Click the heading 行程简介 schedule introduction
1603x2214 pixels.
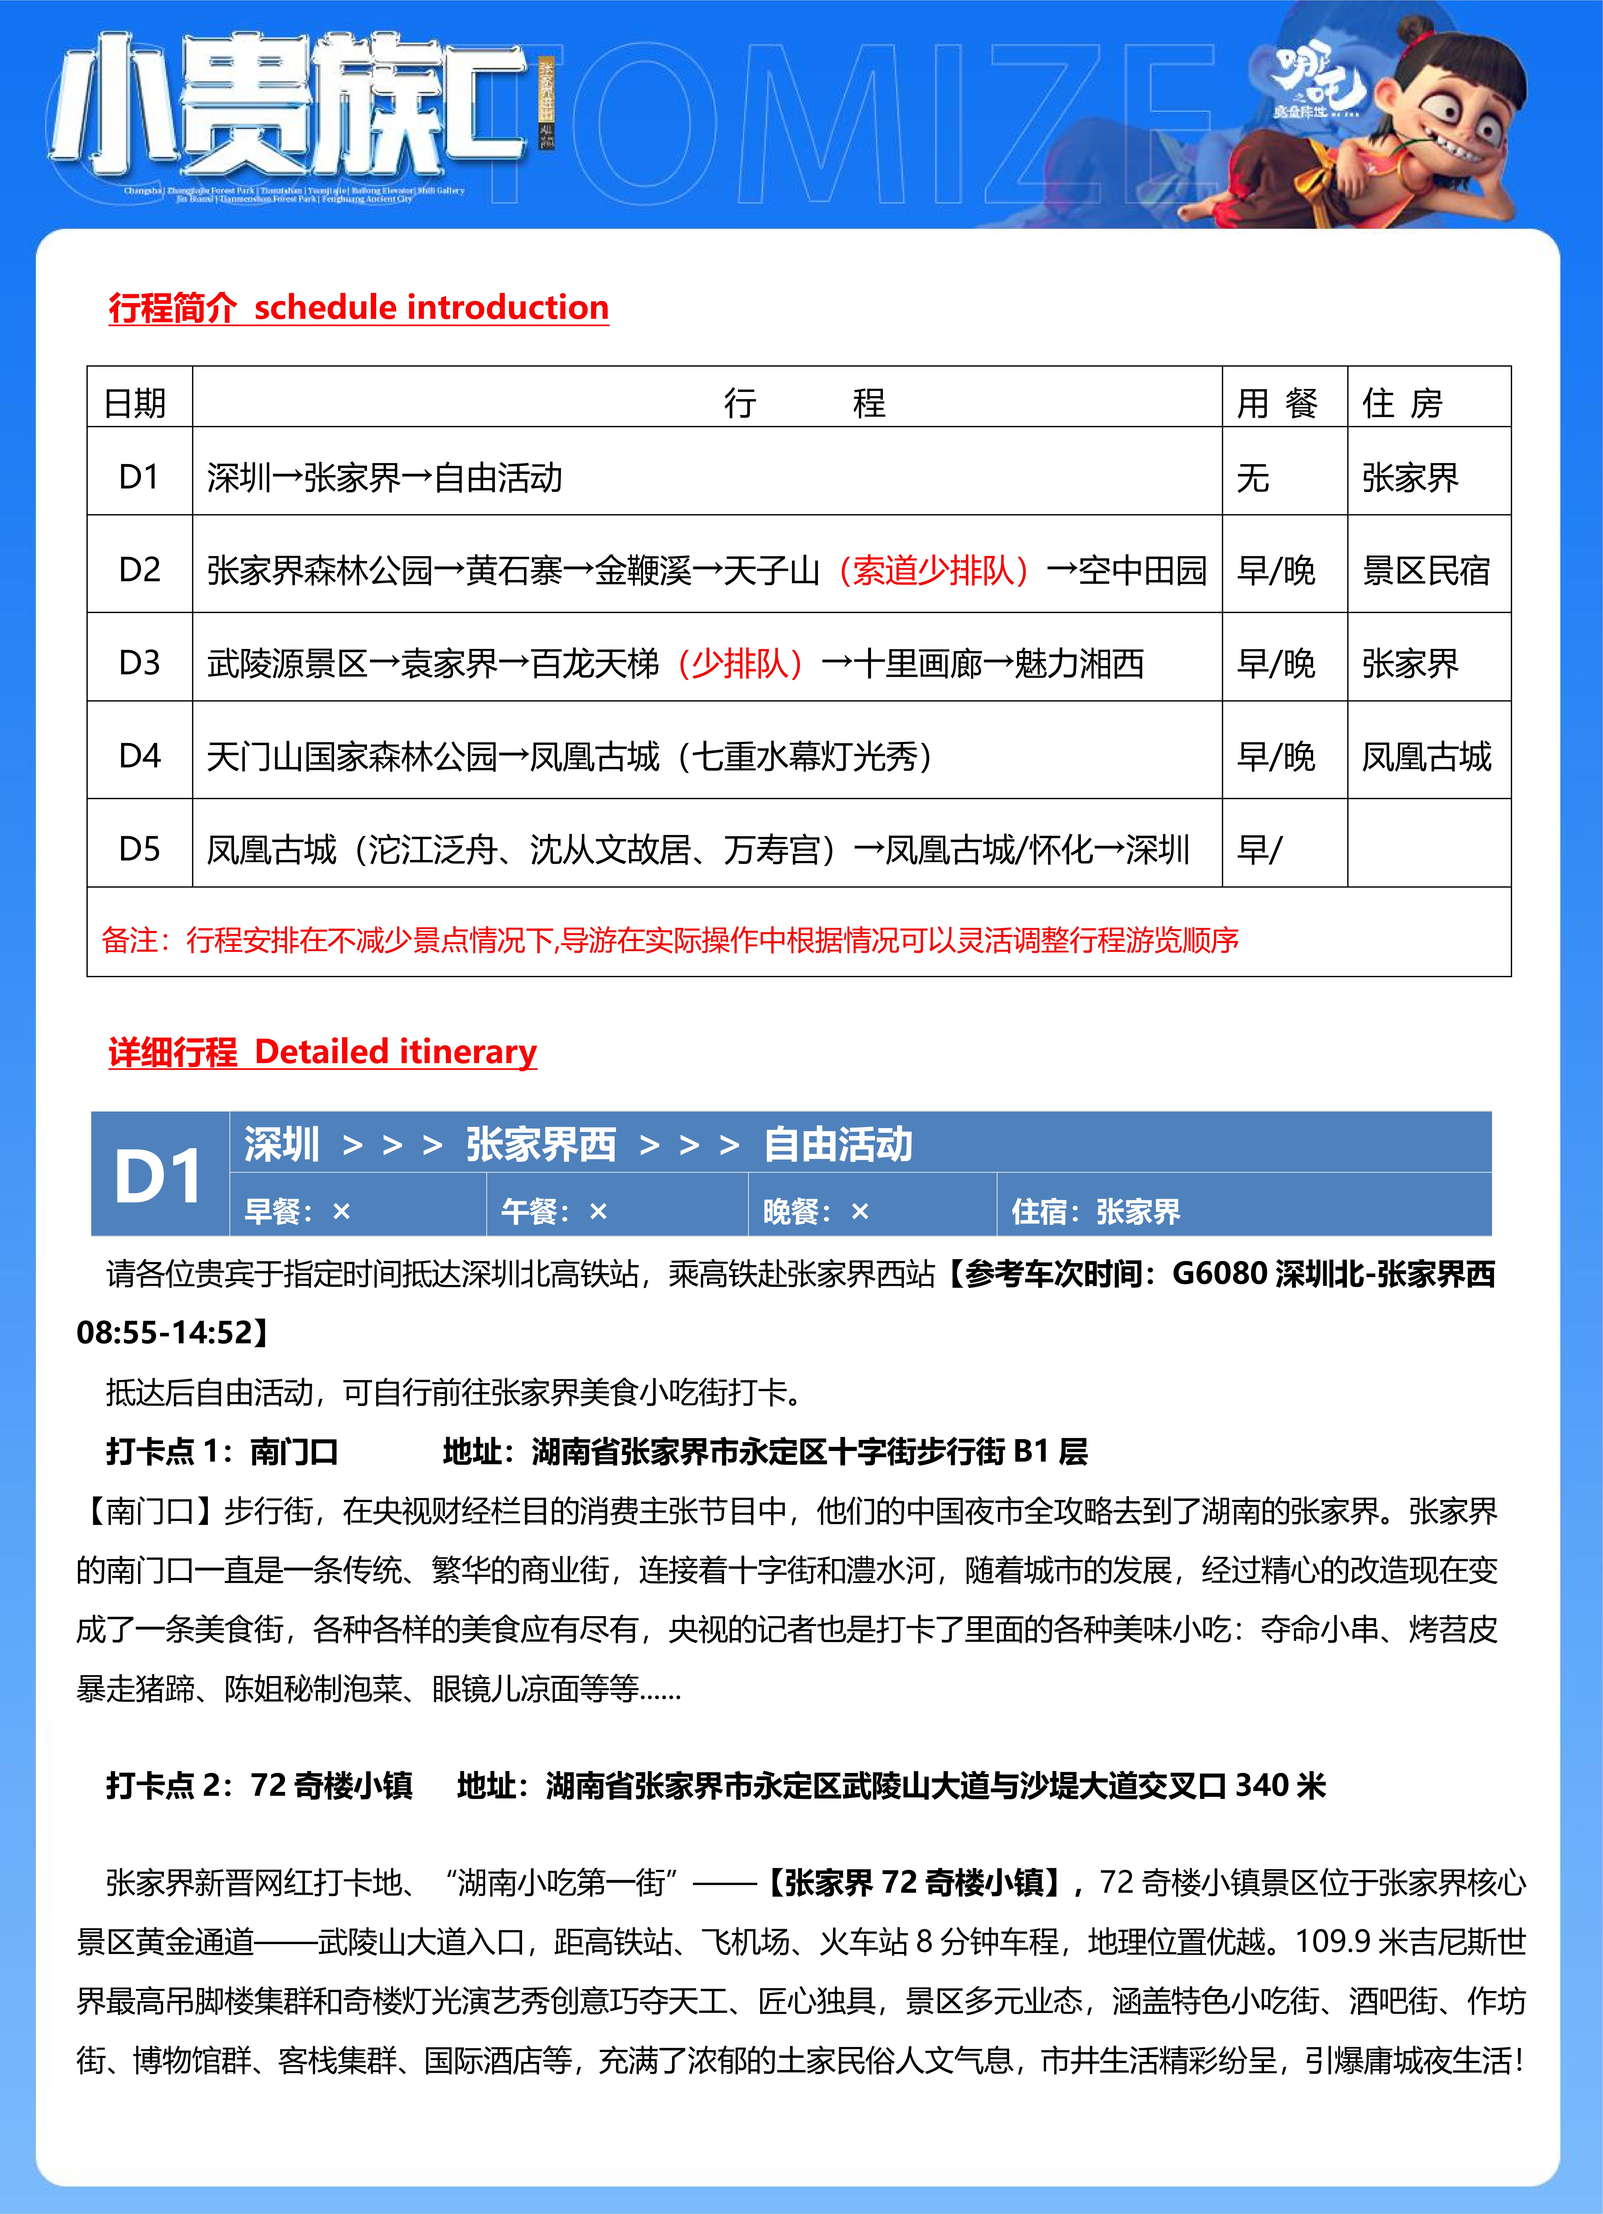click(358, 308)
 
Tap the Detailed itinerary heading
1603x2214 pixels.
click(322, 1051)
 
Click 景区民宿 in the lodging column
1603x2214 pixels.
click(1425, 570)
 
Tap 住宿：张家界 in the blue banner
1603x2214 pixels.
click(1095, 1211)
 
